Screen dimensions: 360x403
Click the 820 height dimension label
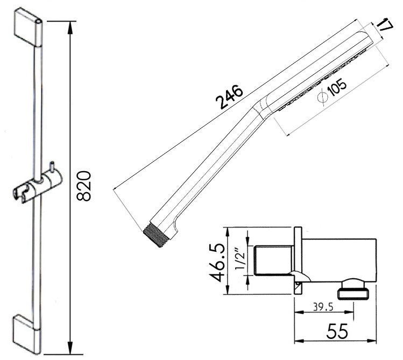click(83, 186)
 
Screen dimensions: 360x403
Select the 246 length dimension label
click(230, 97)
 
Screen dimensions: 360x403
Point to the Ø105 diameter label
click(333, 90)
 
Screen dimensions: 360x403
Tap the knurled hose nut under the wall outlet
click(352, 292)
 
